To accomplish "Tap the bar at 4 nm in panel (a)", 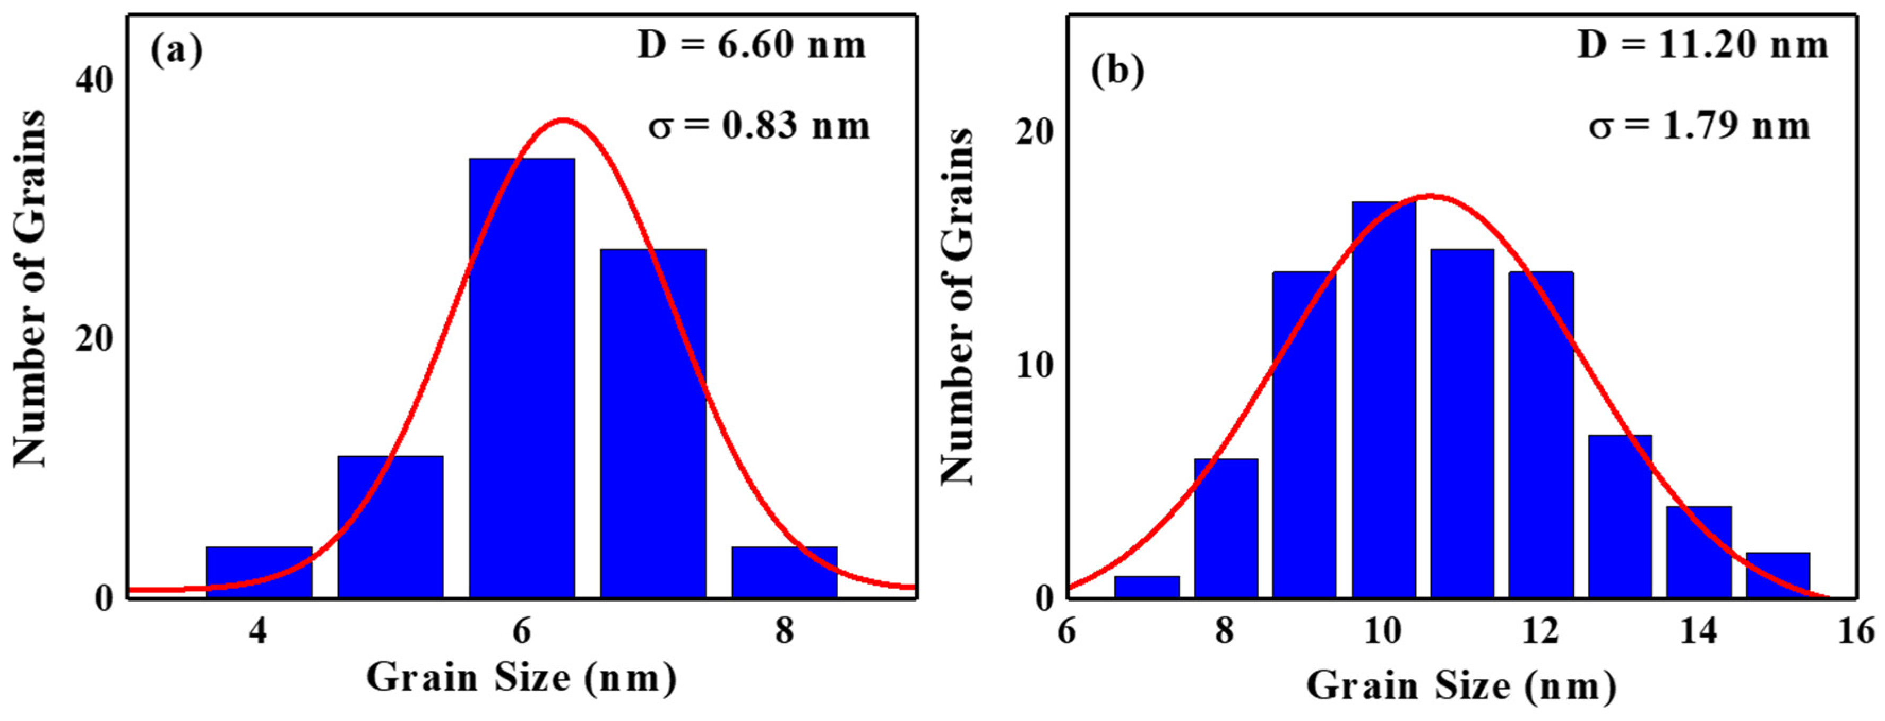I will (259, 572).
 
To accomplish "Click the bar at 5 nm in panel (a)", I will (390, 527).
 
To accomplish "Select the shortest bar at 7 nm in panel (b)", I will (1147, 587).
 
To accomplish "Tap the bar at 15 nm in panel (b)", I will (1777, 576).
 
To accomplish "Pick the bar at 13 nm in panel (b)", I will (1620, 517).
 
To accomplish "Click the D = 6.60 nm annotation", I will (752, 45).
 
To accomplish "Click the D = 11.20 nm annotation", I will (1703, 45).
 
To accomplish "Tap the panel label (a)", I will (176, 51).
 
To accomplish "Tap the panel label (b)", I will (1117, 72).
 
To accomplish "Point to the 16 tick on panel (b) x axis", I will (1856, 631).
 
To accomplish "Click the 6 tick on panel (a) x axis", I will (521, 631).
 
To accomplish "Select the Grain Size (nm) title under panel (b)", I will (1461, 686).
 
